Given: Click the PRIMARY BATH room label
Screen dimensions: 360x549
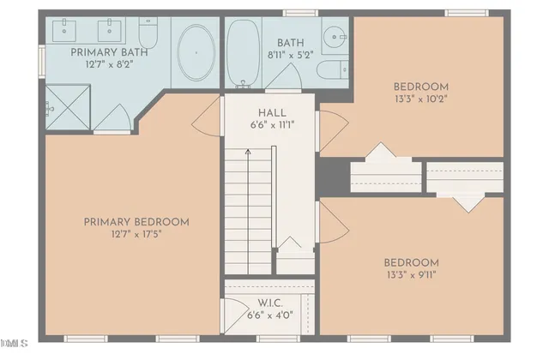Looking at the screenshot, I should pyautogui.click(x=108, y=52).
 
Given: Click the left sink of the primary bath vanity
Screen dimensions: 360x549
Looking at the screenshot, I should pyautogui.click(x=67, y=33).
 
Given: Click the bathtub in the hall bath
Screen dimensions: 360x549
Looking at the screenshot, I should pyautogui.click(x=245, y=54).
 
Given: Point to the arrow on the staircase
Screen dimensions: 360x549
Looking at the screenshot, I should pyautogui.click(x=249, y=153).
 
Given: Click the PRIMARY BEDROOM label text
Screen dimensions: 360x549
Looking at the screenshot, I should pyautogui.click(x=136, y=222).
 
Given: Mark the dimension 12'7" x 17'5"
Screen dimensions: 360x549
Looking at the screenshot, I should pyautogui.click(x=136, y=235).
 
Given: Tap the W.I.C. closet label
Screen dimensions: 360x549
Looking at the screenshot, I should pyautogui.click(x=271, y=303).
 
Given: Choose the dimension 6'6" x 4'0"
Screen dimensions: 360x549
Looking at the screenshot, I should pyautogui.click(x=271, y=315).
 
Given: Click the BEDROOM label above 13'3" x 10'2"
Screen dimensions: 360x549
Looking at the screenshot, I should pyautogui.click(x=421, y=86).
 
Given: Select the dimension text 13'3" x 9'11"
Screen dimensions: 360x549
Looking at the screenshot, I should pyautogui.click(x=411, y=275).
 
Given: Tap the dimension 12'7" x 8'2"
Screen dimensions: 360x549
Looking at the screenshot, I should pyautogui.click(x=108, y=64).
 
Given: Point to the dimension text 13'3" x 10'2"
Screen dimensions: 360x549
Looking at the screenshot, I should pyautogui.click(x=421, y=99).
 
